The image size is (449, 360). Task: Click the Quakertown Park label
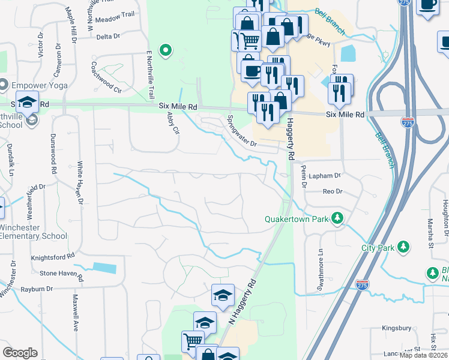(x=297, y=219)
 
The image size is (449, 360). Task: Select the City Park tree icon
(x=404, y=247)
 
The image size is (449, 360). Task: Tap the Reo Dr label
(x=332, y=191)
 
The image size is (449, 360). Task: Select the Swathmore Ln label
(x=321, y=266)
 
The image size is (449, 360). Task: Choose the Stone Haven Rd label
(x=61, y=273)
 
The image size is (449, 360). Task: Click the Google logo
(x=20, y=353)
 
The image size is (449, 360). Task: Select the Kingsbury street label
(x=397, y=328)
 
